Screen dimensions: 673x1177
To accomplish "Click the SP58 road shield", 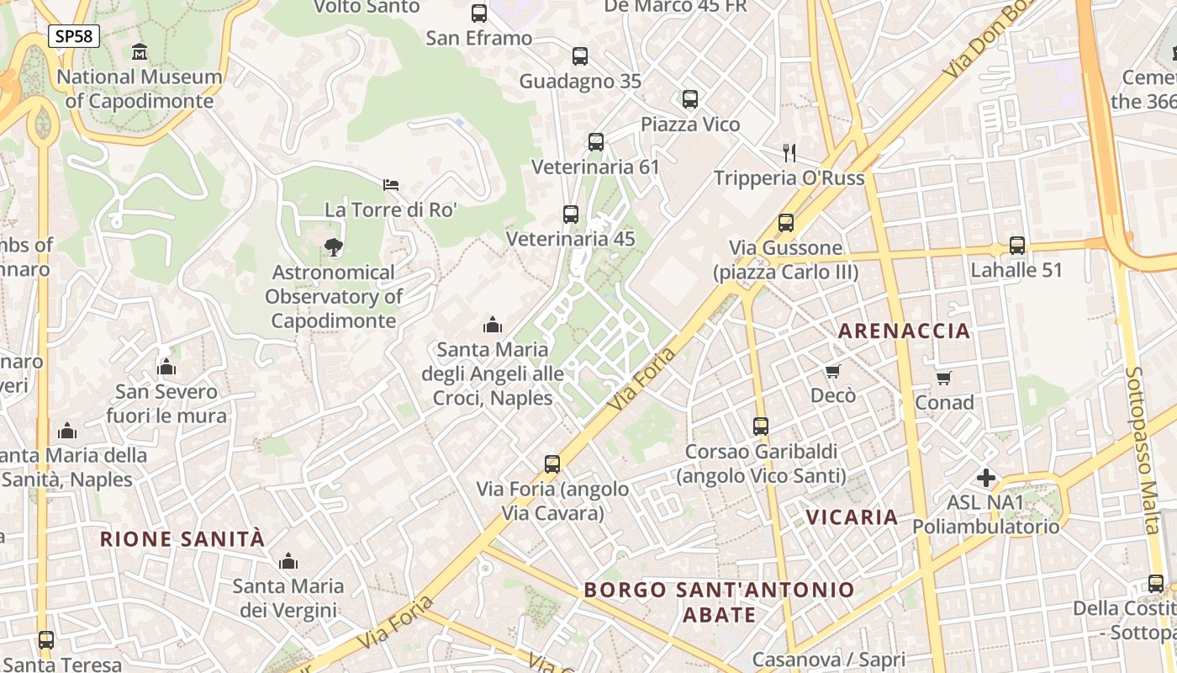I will coord(74,36).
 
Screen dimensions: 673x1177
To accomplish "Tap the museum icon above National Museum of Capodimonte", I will coord(140,52).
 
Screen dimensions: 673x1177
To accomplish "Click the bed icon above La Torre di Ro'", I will coord(391,184).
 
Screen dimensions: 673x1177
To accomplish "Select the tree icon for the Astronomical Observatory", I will coord(334,246).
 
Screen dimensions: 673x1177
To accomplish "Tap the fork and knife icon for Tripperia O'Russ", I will coord(789,152).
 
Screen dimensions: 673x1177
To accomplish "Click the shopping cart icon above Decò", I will coord(833,371).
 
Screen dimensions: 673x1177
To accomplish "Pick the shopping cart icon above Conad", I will coord(944,379).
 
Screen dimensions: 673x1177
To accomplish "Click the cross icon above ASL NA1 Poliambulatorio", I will coord(986,478).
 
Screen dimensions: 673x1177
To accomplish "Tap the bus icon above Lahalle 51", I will coord(1017,246).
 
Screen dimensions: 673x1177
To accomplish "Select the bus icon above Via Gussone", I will coord(786,223).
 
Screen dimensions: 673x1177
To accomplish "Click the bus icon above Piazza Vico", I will coord(690,99).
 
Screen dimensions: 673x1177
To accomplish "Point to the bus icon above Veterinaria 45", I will coord(571,215).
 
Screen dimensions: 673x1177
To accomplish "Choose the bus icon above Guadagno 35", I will coord(580,56).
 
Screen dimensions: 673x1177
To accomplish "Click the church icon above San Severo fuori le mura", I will coord(166,368).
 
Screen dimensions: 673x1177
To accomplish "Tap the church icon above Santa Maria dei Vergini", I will coord(288,561).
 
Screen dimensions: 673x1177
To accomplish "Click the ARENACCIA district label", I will coord(905,331).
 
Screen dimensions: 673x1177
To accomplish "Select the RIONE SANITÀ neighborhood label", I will coord(182,539).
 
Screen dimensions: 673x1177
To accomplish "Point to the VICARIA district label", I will coord(852,517).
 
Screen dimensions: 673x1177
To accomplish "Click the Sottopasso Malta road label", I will coord(1142,450).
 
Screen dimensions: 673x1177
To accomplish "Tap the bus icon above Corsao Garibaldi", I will coord(761,427).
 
